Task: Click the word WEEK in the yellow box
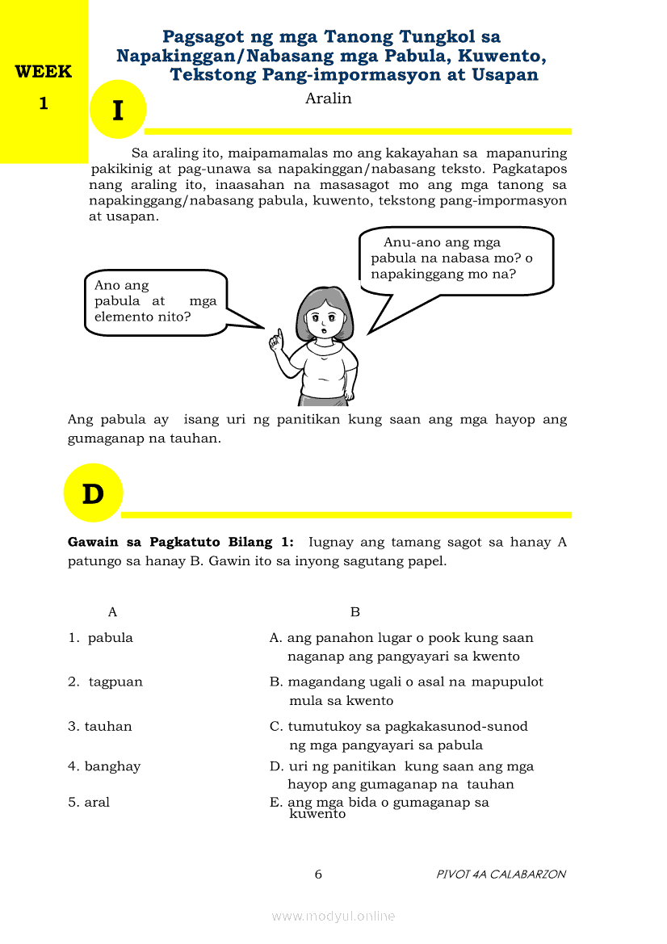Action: [x=44, y=71]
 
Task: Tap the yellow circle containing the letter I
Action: [x=118, y=110]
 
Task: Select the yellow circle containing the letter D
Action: [x=93, y=493]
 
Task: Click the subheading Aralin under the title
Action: [x=329, y=99]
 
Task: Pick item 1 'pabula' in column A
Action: [x=110, y=638]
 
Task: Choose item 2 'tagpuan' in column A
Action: [x=115, y=682]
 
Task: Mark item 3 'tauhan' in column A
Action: [x=108, y=726]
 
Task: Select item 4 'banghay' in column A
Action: [x=112, y=766]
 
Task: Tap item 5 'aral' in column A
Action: [x=97, y=802]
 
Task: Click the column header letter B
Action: [x=354, y=612]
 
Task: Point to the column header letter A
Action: [x=112, y=612]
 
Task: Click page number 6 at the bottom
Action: [x=318, y=874]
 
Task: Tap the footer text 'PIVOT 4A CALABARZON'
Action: [x=501, y=874]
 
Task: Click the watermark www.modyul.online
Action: [x=333, y=916]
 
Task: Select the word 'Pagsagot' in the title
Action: [x=202, y=36]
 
